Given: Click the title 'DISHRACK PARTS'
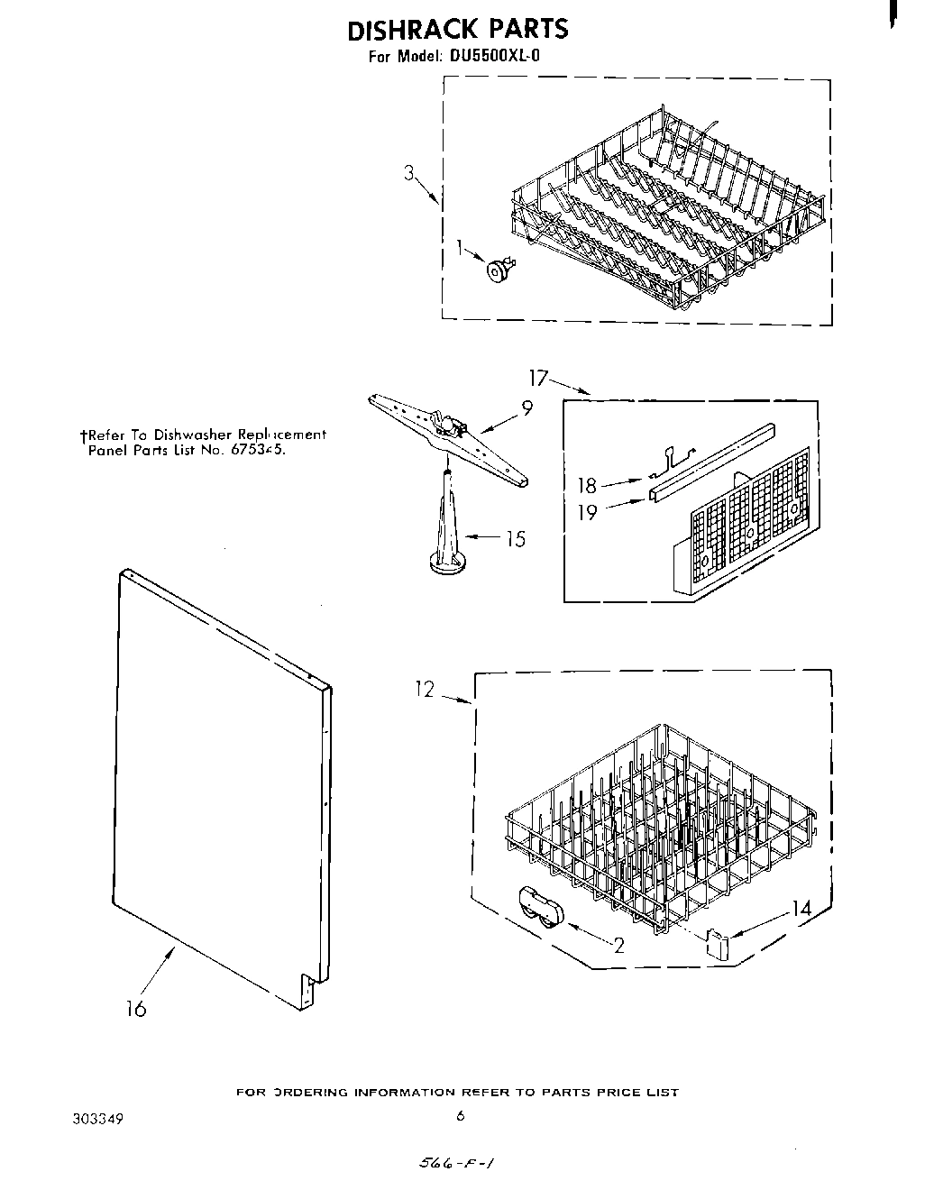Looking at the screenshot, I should [x=458, y=29].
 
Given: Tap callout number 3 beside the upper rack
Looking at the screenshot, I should [x=409, y=174].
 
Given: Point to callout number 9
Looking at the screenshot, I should [x=527, y=407].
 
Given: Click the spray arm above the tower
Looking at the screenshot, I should [x=447, y=434].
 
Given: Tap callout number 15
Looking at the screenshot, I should [x=515, y=539].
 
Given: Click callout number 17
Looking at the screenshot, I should [x=538, y=377].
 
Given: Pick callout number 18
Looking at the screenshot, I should [x=587, y=486].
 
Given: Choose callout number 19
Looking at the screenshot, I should [x=587, y=512].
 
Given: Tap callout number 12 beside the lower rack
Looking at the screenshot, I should [x=425, y=690].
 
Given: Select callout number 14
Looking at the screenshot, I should [x=801, y=910].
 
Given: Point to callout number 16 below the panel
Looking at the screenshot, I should [x=135, y=1009].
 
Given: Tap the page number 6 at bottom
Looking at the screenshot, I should [x=460, y=1116].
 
